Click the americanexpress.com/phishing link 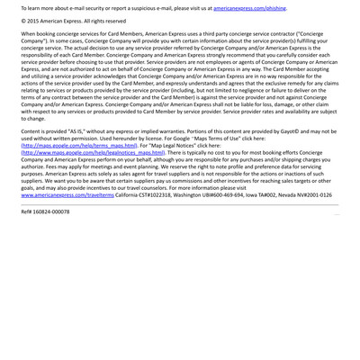[x=250, y=7]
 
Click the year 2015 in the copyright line [x=37, y=20]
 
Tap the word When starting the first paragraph [x=31, y=32]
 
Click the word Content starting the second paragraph [x=33, y=131]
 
